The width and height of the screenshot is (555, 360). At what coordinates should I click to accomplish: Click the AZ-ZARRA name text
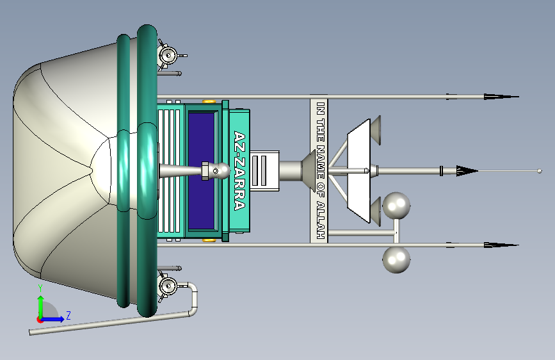click(x=239, y=170)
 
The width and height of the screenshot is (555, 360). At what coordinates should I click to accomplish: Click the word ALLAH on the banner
click(x=321, y=220)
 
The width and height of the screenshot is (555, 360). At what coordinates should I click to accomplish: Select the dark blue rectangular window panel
click(x=202, y=170)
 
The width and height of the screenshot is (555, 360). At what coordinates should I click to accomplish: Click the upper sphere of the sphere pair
click(x=396, y=206)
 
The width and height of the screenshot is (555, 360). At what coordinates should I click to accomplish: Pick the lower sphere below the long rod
click(x=396, y=259)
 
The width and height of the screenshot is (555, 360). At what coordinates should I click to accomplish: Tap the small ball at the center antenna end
click(x=540, y=171)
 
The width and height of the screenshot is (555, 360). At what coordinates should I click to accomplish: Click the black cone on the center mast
click(x=467, y=171)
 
